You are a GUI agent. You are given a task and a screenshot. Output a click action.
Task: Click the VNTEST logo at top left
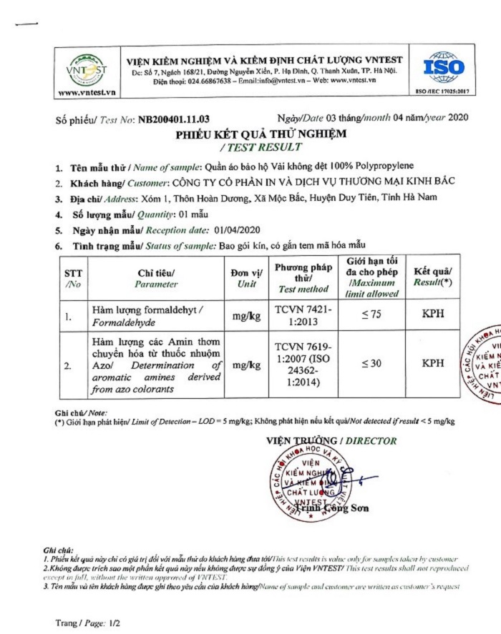(86, 69)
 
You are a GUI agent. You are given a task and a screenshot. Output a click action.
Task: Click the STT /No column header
(72, 278)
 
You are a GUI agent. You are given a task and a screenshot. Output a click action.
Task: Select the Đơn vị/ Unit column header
(246, 278)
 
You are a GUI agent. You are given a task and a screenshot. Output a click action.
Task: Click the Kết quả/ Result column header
(433, 278)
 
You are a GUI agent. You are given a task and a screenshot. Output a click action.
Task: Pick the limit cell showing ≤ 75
(371, 315)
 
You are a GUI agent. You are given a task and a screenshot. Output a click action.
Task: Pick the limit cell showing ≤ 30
(371, 364)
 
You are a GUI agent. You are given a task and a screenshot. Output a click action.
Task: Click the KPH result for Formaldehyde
(433, 315)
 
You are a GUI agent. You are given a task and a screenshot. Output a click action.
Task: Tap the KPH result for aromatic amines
(433, 364)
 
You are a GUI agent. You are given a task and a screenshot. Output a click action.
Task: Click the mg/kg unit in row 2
(246, 365)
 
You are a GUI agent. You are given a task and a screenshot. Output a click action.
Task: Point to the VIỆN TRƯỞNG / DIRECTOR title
(331, 440)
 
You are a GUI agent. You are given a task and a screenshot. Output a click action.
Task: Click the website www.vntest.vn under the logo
(86, 93)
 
